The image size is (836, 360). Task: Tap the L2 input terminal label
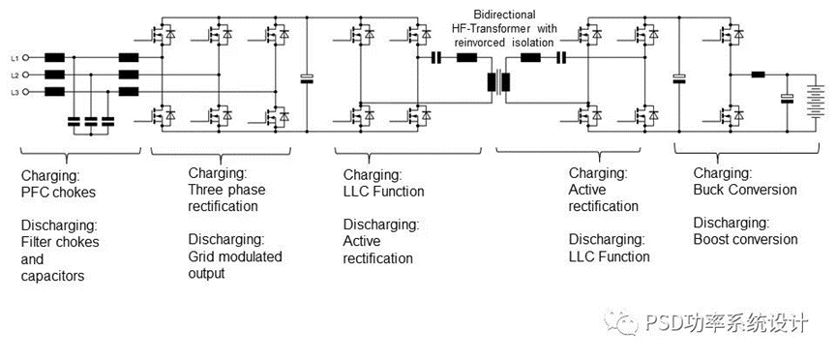15,75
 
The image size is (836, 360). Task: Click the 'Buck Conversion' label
745,189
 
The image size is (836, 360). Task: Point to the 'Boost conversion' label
746,239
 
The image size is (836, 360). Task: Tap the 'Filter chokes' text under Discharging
59,241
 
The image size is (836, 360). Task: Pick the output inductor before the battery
760,74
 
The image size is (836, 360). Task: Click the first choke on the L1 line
55,57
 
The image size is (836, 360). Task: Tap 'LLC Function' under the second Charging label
383,191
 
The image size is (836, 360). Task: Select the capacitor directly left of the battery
787,98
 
